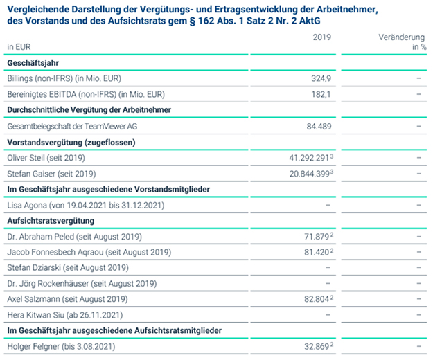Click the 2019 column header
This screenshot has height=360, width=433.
coord(321,37)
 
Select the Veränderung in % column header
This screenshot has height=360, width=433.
coord(403,42)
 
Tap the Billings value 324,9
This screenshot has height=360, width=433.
coord(321,79)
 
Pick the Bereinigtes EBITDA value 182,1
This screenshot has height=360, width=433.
coord(321,94)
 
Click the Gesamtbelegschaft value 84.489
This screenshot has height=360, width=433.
coord(319,126)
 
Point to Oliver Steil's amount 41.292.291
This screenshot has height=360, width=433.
coord(309,158)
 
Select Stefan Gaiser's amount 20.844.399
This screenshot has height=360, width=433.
coord(309,174)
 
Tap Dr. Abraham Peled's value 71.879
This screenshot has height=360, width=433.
coord(317,237)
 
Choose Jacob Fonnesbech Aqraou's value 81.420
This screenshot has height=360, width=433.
coord(317,252)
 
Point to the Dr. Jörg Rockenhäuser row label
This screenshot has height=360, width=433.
coord(82,284)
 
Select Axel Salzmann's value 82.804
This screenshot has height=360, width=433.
coord(317,299)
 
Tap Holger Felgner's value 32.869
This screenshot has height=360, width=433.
coord(317,346)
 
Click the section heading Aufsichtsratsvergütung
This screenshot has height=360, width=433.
coord(51,221)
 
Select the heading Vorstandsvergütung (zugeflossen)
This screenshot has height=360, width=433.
coord(71,143)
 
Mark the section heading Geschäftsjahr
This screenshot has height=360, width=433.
coord(33,63)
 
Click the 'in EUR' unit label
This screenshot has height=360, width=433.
coord(19,47)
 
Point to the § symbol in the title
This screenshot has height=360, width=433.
coord(192,21)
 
